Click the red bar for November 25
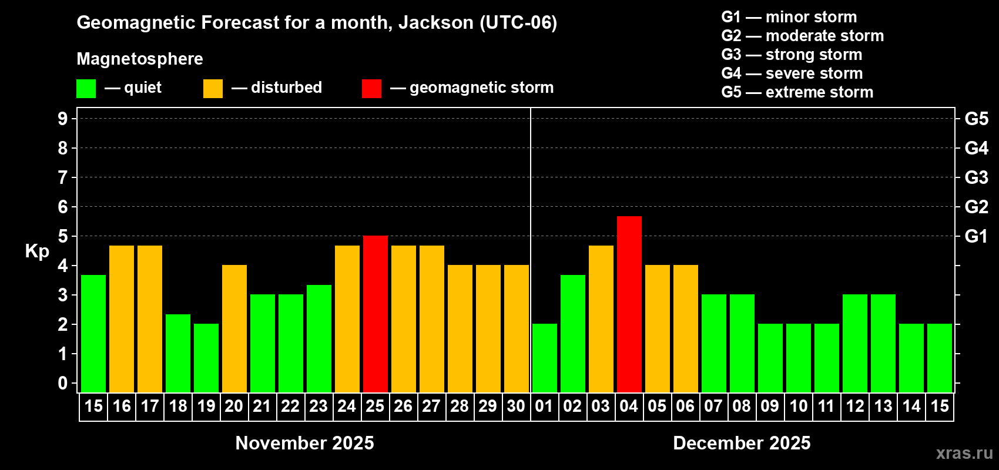point(376,314)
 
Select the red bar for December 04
point(629,304)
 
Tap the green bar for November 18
point(178,353)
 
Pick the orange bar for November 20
point(234,328)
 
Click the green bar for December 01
point(545,358)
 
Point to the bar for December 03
point(601,319)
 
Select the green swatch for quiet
point(86,89)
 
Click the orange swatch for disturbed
point(213,89)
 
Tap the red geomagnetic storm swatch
point(371,89)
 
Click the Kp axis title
point(37,251)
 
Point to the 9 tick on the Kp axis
point(63,119)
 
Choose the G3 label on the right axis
point(976,177)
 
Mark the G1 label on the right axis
point(976,236)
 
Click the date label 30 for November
point(516,406)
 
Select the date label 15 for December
point(940,406)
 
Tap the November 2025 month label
point(304,443)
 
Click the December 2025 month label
point(742,443)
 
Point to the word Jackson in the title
point(436,23)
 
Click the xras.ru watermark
point(964,453)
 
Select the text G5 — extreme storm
point(797,92)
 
